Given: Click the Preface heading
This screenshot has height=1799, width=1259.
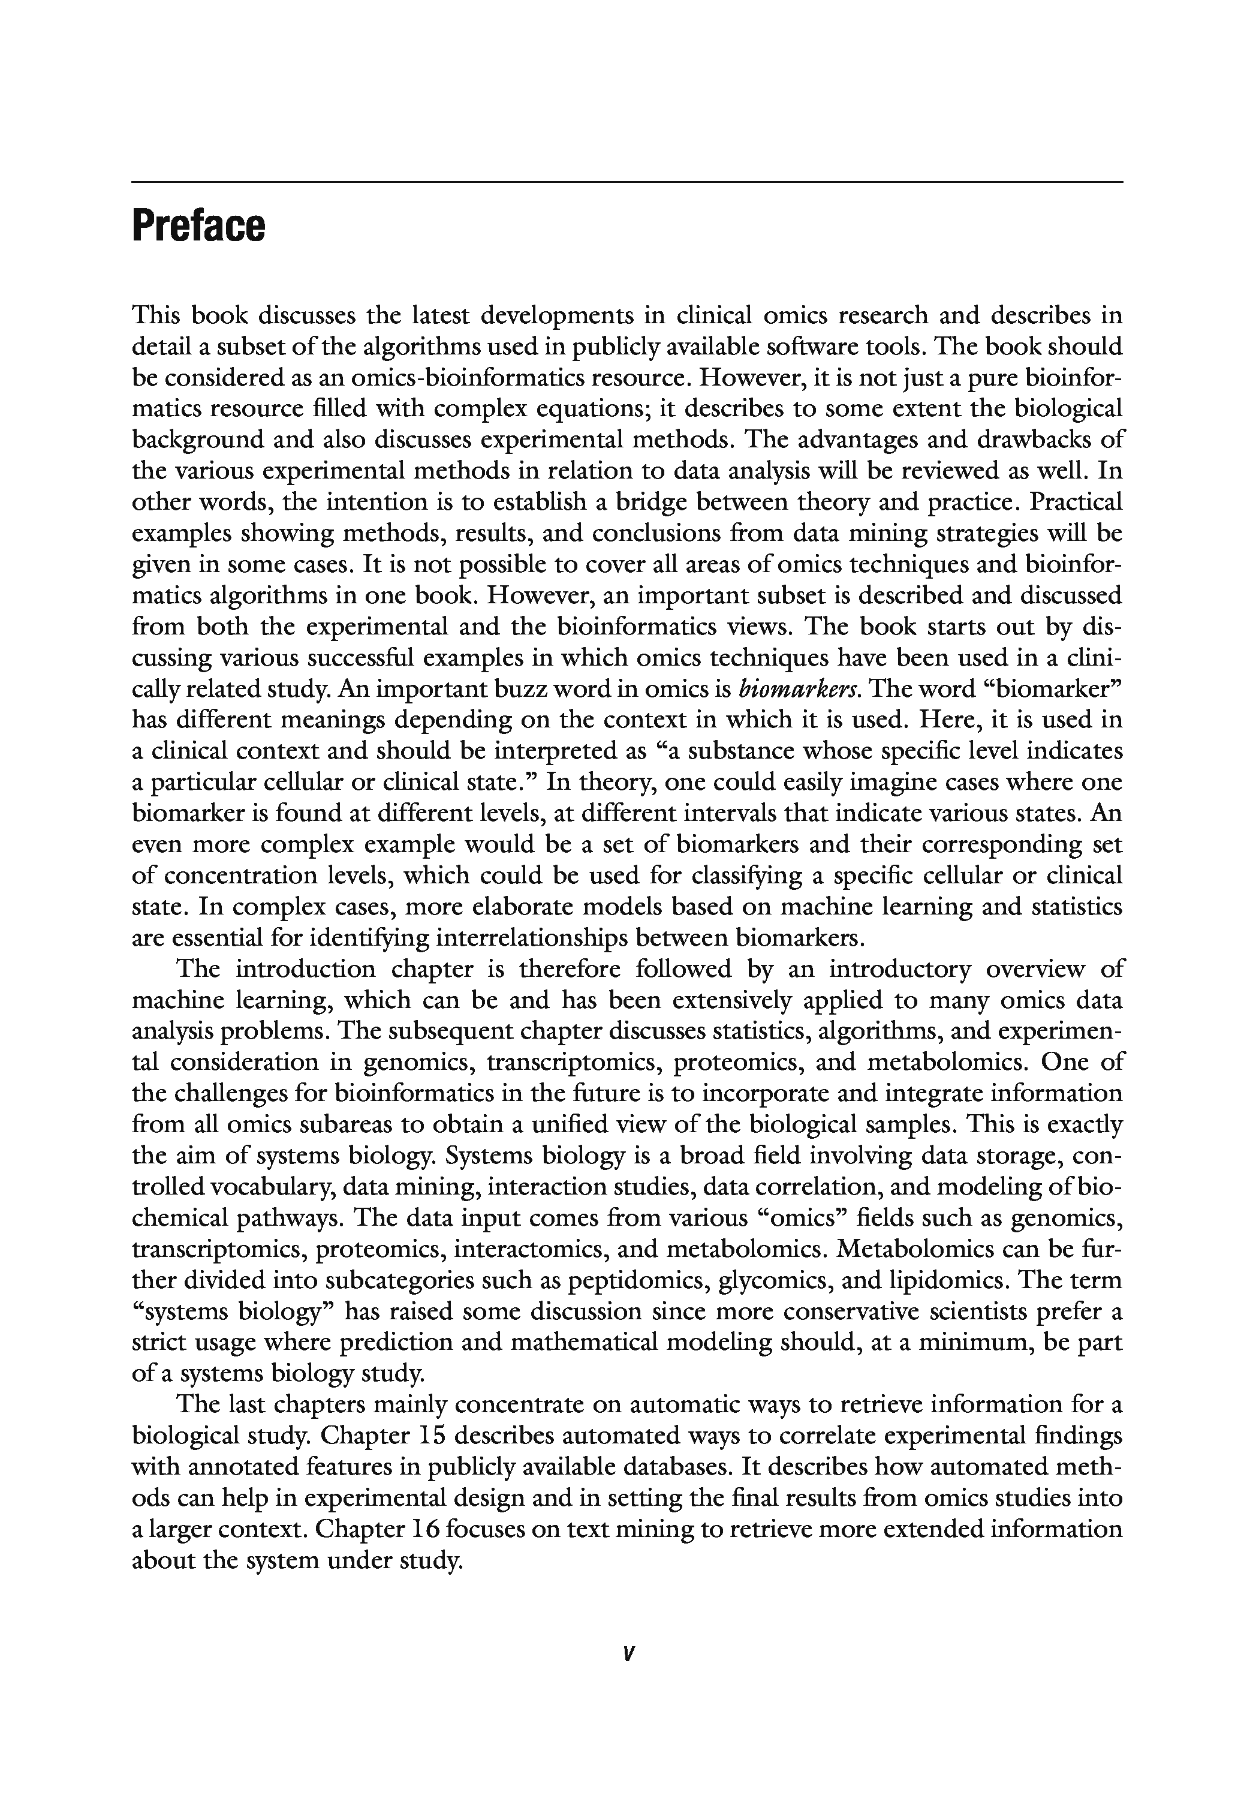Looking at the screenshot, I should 199,227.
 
